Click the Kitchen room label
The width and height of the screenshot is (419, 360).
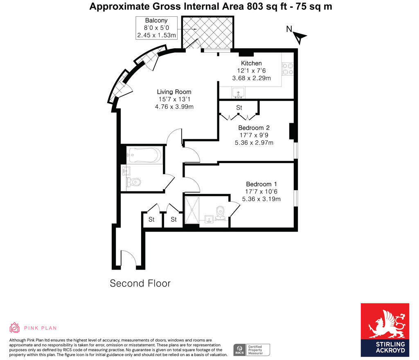click(251, 63)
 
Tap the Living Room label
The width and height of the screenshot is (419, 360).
click(174, 92)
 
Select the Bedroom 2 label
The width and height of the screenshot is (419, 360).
click(254, 128)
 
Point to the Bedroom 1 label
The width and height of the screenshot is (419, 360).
click(261, 184)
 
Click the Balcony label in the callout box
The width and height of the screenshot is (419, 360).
click(156, 21)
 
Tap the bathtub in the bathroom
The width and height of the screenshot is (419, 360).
click(144, 155)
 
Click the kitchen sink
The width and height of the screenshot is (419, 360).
click(239, 93)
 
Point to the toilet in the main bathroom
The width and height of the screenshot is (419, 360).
click(134, 182)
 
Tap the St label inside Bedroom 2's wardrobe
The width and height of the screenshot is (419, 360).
click(239, 108)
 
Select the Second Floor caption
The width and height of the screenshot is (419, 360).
click(140, 283)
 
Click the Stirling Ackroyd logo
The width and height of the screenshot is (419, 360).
click(384, 329)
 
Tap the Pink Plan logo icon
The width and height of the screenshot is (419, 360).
click(15, 328)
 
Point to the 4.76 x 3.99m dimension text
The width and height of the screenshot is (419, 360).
click(174, 107)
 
